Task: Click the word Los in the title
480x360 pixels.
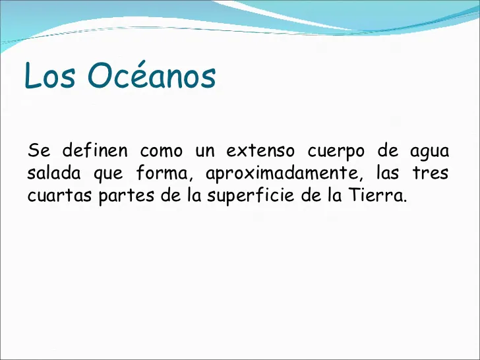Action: coord(49,75)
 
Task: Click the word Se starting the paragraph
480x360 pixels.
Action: coord(39,150)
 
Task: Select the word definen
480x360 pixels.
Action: coord(95,150)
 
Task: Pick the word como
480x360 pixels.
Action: coord(162,151)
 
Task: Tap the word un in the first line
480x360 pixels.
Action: coord(205,151)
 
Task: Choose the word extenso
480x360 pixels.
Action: coord(260,150)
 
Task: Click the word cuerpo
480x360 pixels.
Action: coord(336,152)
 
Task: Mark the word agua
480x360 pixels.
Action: coord(429,152)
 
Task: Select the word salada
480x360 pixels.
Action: coord(54,172)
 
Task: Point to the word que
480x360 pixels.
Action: coord(108,174)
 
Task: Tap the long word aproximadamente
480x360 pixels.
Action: coord(282,173)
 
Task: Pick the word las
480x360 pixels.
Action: coord(388,172)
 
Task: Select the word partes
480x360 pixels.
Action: coord(126,196)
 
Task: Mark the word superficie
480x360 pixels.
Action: coord(251,196)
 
